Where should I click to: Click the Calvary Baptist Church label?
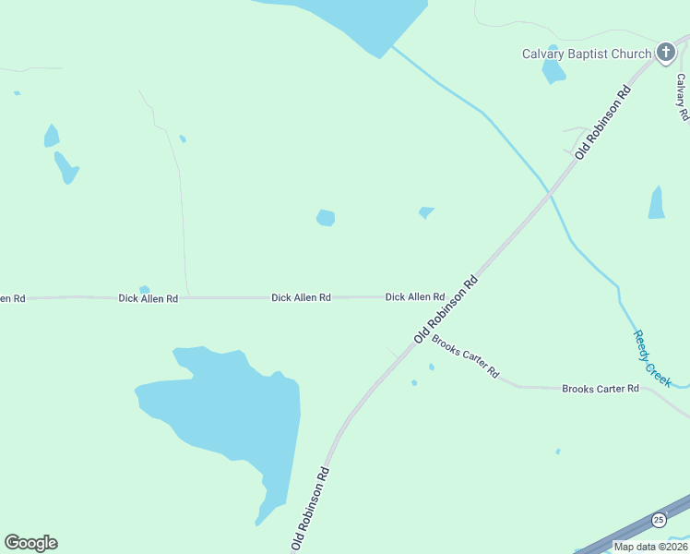587,54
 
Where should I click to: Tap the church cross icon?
666,53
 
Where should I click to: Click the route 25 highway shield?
658,521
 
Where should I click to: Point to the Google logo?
30,543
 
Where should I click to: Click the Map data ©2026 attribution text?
650,547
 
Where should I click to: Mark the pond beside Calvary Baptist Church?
553,69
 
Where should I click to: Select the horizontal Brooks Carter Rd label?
601,389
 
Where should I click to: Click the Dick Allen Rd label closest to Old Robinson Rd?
415,297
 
